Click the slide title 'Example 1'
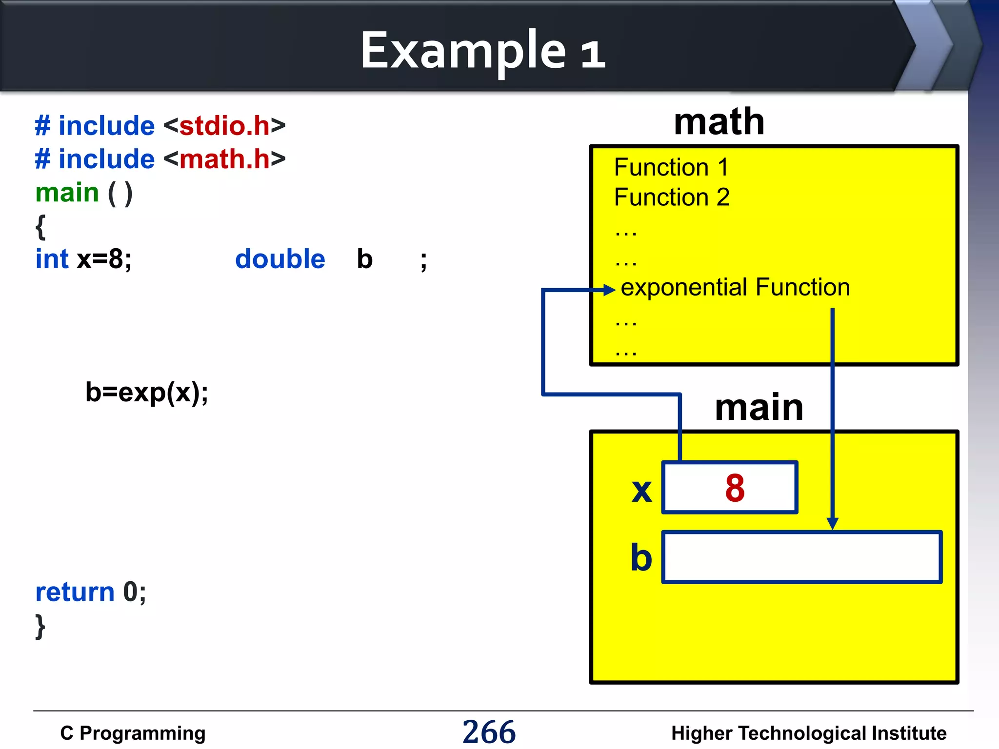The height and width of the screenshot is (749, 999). (x=482, y=51)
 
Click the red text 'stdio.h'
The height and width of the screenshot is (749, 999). (x=224, y=126)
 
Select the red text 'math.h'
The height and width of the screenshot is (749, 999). (x=224, y=159)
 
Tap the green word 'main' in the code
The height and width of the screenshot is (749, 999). (x=67, y=193)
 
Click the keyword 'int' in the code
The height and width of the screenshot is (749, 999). (x=52, y=259)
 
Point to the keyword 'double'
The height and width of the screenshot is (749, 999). (x=280, y=259)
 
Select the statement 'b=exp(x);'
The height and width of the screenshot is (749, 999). (x=146, y=392)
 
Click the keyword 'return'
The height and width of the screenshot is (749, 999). (x=75, y=592)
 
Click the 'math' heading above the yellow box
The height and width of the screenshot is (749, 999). (x=719, y=122)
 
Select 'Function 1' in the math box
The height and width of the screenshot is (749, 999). (x=671, y=167)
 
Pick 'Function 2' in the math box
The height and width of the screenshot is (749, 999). (x=672, y=197)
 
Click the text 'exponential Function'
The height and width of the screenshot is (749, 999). (x=735, y=287)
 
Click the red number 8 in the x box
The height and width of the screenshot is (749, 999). (x=735, y=488)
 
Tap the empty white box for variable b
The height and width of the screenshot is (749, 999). (x=802, y=557)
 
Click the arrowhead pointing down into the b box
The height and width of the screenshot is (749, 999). (x=833, y=524)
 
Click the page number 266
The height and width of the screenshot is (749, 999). (x=489, y=732)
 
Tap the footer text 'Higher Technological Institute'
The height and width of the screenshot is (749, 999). (x=809, y=733)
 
